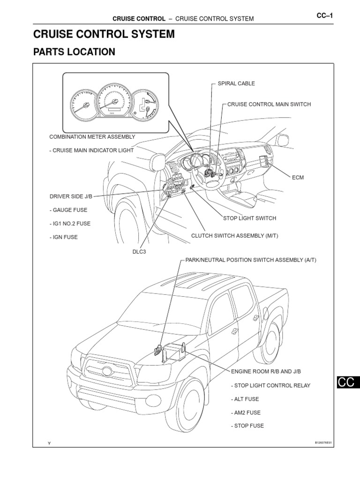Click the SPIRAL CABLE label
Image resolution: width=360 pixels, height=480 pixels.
tap(236, 83)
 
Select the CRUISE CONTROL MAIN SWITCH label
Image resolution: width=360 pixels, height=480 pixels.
tap(269, 104)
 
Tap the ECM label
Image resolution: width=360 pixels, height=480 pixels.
tap(298, 178)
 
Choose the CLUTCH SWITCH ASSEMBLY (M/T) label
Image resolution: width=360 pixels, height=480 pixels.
tap(234, 235)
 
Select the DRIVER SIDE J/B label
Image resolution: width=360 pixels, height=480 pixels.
tap(68, 196)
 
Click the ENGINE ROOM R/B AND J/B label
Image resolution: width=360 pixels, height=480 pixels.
tap(266, 371)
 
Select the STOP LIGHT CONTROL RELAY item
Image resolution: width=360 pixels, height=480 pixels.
tap(270, 385)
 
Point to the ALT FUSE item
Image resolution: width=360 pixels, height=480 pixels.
tap(245, 399)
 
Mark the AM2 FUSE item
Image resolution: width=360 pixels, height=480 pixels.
tap(246, 412)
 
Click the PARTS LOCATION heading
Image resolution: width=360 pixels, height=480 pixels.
tap(74, 52)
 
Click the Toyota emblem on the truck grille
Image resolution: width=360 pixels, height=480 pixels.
tap(107, 371)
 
